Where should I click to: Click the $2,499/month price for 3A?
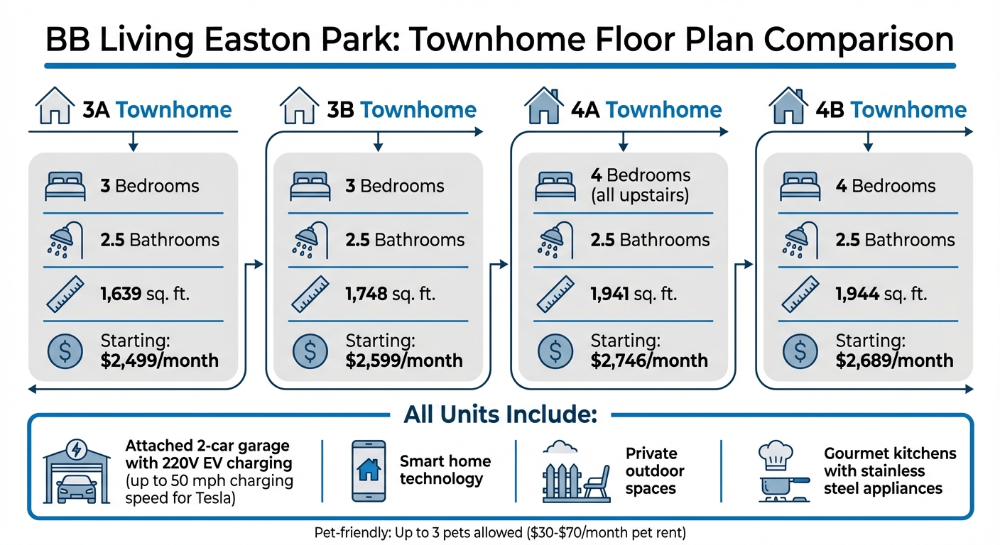coord(160,360)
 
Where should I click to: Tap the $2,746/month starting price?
coord(649,360)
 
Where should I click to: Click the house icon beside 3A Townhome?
coord(55,107)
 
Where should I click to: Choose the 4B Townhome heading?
coord(890,110)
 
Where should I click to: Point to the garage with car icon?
coord(77,472)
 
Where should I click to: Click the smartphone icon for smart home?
coord(369,471)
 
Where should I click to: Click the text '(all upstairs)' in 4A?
coord(640,195)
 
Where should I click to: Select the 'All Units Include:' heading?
coord(501,414)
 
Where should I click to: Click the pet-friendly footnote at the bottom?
coord(499,532)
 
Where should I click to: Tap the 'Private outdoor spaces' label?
coord(655,471)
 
